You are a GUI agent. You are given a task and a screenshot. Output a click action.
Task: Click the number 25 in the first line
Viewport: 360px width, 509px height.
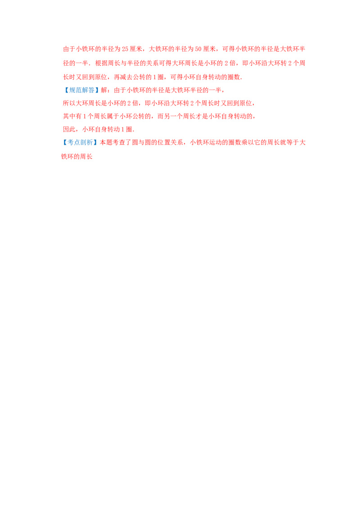[125, 49]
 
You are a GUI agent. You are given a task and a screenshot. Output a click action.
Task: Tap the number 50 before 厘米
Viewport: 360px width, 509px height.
[198, 49]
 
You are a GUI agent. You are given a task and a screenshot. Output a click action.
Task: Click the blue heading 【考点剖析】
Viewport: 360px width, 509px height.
[79, 143]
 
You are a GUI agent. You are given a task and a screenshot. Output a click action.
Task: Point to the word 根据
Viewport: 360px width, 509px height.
[101, 63]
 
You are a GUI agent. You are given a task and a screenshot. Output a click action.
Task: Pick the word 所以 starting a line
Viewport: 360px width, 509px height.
[69, 103]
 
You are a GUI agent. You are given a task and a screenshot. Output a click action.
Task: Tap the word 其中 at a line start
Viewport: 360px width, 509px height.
[69, 116]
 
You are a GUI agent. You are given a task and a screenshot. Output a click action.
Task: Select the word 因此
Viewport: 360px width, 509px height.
[69, 129]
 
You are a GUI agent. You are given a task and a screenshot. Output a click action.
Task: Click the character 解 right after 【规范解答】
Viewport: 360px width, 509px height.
[104, 90]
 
